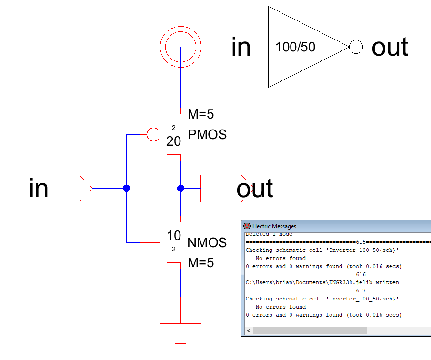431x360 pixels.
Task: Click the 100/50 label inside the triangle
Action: pos(295,47)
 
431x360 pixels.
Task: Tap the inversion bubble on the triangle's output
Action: pos(355,47)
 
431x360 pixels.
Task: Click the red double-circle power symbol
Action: pos(180,47)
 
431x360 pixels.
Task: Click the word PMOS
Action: pos(207,135)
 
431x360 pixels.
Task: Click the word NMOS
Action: pos(207,243)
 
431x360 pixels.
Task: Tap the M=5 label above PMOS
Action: pos(201,114)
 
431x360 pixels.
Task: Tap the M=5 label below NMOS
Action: pos(201,262)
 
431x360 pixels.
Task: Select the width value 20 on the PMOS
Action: pos(174,141)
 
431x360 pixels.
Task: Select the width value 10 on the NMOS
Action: pos(174,235)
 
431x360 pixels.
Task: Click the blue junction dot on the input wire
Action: pos(126,189)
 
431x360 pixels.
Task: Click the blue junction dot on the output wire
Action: pos(180,189)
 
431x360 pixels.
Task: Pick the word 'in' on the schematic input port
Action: pos(39,189)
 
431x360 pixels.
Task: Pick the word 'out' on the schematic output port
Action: pos(255,189)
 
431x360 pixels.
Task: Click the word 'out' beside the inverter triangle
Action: pos(390,47)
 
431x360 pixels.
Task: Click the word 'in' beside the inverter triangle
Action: pos(241,47)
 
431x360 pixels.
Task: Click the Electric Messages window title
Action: pos(274,226)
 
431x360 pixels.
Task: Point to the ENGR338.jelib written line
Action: pos(322,282)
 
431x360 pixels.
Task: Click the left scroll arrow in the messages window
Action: pos(248,330)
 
